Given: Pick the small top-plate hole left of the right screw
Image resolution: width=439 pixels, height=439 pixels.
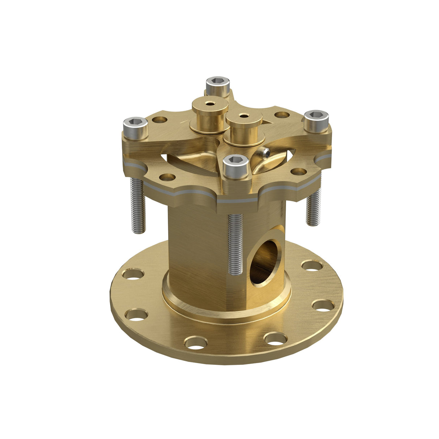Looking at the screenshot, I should click(x=282, y=115).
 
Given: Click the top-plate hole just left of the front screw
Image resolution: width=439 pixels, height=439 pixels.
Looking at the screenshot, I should click(x=167, y=177).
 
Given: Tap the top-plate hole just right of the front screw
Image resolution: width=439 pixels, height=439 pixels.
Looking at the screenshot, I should click(x=299, y=171).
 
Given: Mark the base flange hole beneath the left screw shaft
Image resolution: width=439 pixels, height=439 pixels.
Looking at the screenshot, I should click(x=133, y=274).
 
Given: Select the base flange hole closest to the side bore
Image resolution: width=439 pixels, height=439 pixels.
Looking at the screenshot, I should click(x=312, y=265).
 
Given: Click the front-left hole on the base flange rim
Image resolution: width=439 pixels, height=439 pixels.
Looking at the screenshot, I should click(x=196, y=342).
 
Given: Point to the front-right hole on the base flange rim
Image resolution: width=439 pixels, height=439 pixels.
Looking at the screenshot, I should click(x=275, y=339).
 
